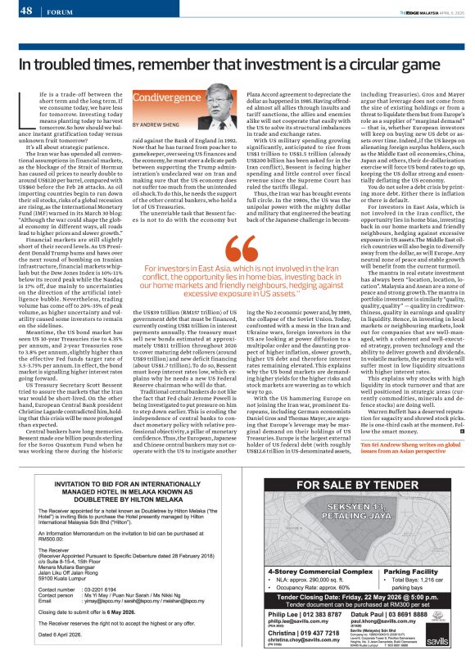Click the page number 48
(x=25, y=11)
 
